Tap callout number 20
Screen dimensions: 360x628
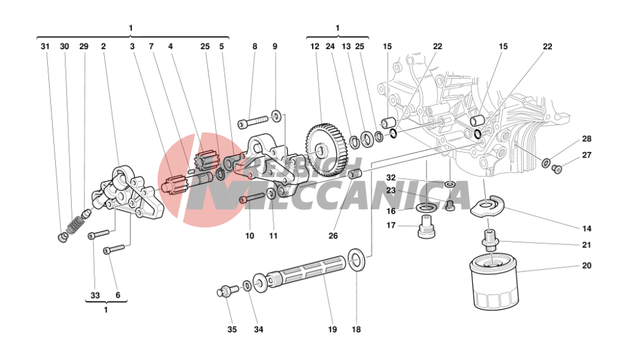(x=586, y=266)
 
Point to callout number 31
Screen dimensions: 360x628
(x=45, y=46)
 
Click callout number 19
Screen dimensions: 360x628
(x=332, y=329)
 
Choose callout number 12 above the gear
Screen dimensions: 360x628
(x=315, y=46)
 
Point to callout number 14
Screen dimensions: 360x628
(x=586, y=229)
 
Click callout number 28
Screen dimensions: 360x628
(x=586, y=139)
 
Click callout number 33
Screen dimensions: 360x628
(x=95, y=296)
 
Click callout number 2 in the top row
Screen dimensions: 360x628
(x=103, y=46)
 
